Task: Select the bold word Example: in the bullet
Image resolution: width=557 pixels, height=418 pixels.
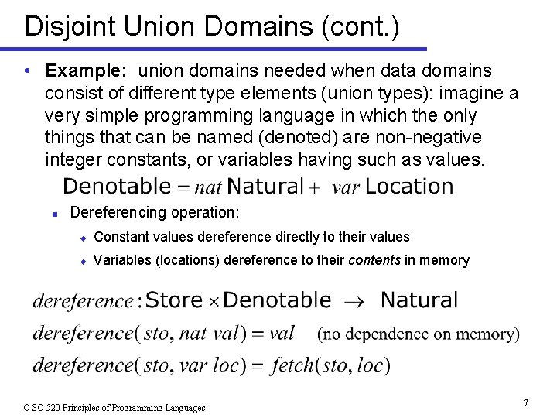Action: coord(86,71)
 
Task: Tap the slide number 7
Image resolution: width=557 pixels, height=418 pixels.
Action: coord(525,403)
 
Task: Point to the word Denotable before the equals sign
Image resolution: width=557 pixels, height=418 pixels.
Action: coord(116,187)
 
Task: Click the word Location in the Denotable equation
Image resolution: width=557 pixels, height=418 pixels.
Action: coord(409,187)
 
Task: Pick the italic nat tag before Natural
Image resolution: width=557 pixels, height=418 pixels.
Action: coord(207,187)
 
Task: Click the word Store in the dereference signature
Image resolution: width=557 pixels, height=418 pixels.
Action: coord(174,300)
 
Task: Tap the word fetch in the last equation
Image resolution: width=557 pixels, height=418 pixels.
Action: coord(295,365)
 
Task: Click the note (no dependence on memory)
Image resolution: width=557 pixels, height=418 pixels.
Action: coord(419,334)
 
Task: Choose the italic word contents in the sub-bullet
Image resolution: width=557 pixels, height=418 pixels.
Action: coord(374,260)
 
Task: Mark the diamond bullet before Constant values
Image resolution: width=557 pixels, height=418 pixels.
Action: coord(83,238)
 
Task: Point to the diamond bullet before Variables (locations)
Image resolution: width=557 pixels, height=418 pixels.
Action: coord(83,261)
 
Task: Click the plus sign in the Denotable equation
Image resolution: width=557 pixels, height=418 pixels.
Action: coord(314,187)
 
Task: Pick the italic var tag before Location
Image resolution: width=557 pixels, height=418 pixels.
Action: coord(346,188)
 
